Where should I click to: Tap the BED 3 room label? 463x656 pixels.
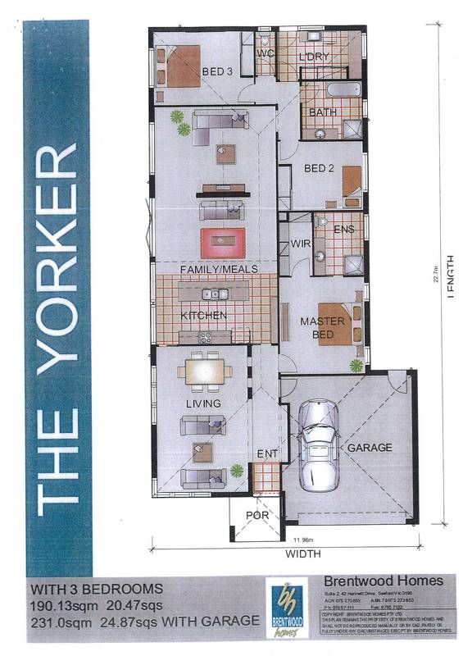tap(218, 72)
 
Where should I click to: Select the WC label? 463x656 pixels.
tap(265, 53)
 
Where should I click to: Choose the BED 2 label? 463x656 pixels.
tap(318, 169)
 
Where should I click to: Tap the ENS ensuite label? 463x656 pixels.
tap(344, 230)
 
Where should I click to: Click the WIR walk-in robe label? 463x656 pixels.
tap(300, 244)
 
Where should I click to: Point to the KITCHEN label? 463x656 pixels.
tap(203, 316)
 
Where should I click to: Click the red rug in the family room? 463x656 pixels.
tap(223, 241)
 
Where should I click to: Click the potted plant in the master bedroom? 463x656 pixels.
tap(356, 364)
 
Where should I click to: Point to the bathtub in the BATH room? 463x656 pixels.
tap(336, 89)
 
